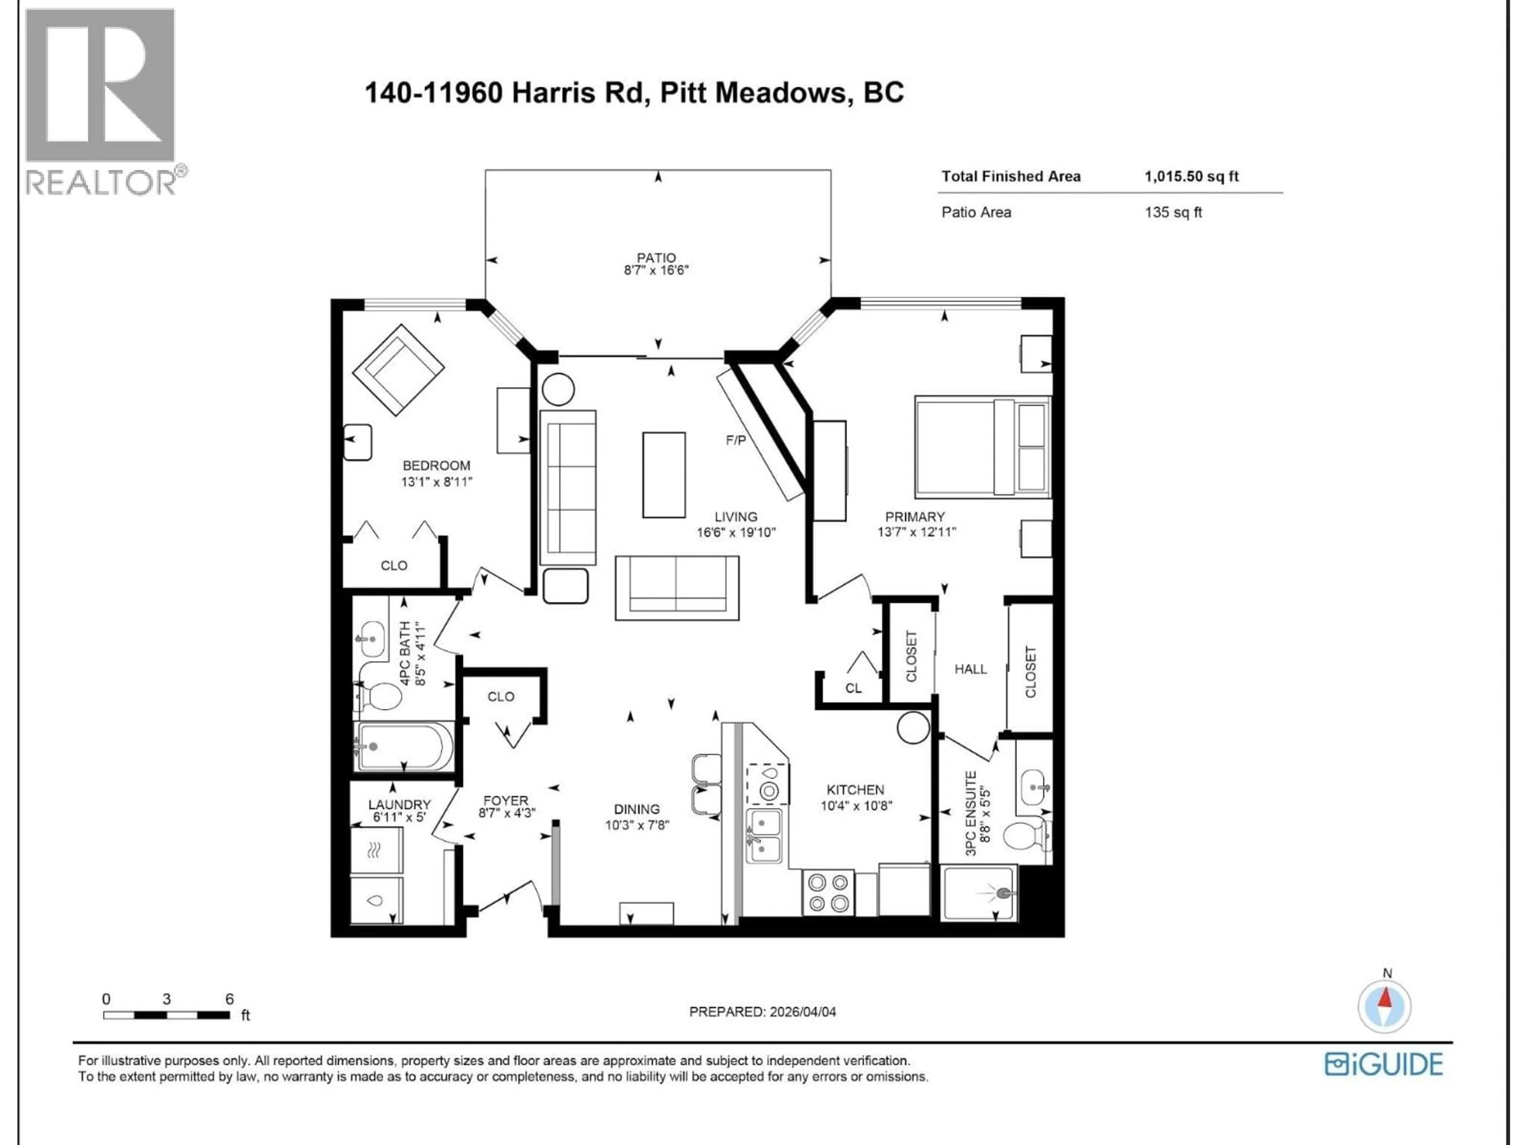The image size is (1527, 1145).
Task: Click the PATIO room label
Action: pyautogui.click(x=656, y=258)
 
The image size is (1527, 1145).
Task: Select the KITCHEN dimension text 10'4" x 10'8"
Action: pyautogui.click(x=856, y=805)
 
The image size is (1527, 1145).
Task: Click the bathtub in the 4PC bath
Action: pyautogui.click(x=404, y=747)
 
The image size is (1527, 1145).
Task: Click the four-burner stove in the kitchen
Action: pyautogui.click(x=828, y=893)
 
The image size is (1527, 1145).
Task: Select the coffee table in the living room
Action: pyautogui.click(x=663, y=475)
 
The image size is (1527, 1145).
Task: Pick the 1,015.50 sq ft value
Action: pyautogui.click(x=1191, y=176)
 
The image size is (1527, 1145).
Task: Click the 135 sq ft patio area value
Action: pyautogui.click(x=1172, y=213)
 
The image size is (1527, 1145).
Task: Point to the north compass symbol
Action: pyautogui.click(x=1385, y=1005)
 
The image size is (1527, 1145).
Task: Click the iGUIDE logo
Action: pyautogui.click(x=1383, y=1064)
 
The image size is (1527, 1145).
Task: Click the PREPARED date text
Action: pyautogui.click(x=762, y=1012)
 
